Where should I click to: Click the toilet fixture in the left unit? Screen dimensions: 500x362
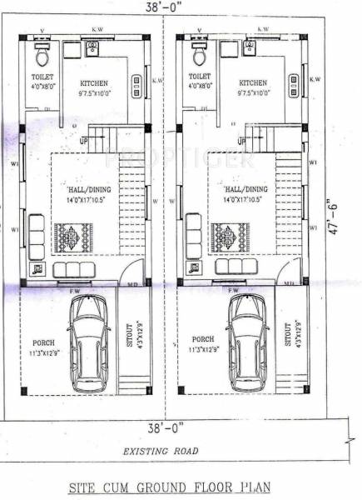click(42, 55)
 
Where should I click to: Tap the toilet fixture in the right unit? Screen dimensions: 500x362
click(200, 55)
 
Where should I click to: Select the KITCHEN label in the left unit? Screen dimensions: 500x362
click(95, 84)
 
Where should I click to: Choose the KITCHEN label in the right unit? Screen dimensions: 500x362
click(253, 83)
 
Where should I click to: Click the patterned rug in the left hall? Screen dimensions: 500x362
click(71, 237)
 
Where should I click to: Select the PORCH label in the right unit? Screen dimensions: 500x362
click(202, 340)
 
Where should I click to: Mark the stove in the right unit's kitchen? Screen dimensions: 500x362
click(293, 82)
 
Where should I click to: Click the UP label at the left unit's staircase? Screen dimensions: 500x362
click(83, 141)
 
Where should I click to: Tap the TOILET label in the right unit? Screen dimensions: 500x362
click(198, 76)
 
